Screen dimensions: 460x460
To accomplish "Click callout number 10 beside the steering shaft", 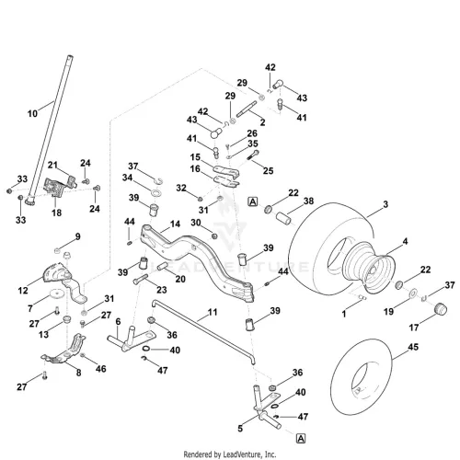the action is [x=32, y=114].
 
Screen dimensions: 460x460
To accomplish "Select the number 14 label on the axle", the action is [x=175, y=224].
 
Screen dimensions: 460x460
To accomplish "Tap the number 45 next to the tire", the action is [x=413, y=347].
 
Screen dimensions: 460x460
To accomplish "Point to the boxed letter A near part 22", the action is [x=253, y=201].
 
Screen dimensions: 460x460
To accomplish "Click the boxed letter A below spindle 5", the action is [x=301, y=439].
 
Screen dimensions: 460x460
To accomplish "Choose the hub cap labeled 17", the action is [x=440, y=308].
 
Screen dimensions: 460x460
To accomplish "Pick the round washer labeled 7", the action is [x=57, y=293].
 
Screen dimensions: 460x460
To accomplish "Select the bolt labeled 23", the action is [x=141, y=279].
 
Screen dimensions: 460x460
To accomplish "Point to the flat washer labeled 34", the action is [x=156, y=193].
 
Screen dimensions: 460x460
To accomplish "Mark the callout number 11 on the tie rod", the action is [x=213, y=312].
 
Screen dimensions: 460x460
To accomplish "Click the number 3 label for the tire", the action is [x=385, y=204].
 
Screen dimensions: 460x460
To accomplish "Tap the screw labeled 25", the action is [x=253, y=155].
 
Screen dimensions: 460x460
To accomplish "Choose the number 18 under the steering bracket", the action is [x=56, y=213].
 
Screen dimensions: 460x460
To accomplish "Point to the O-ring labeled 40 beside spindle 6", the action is [x=146, y=349].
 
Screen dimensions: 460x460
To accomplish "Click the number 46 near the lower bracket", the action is [x=101, y=369].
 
